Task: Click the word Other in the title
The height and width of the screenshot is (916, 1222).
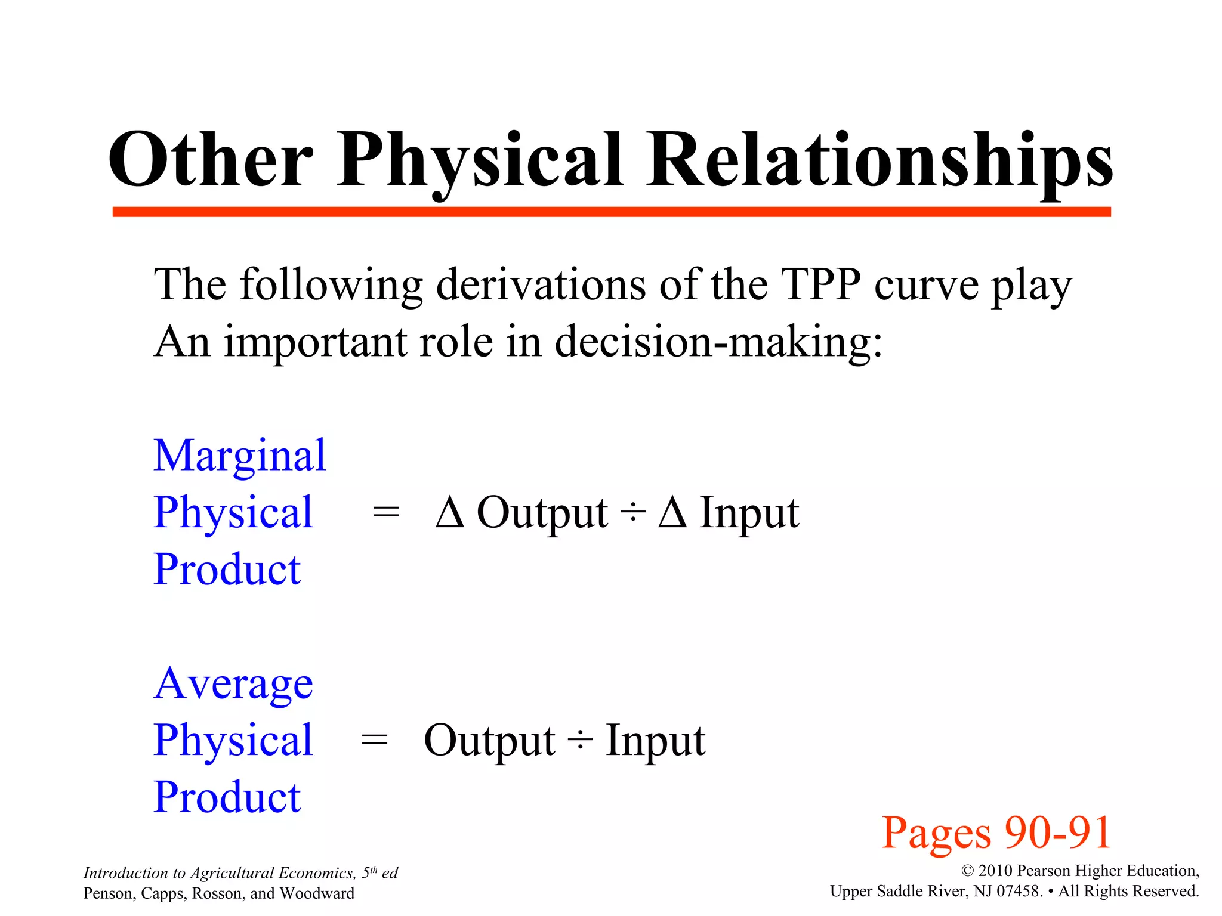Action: [210, 160]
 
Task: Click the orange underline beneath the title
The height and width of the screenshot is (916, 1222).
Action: [611, 212]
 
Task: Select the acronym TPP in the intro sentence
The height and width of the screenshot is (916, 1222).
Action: [820, 284]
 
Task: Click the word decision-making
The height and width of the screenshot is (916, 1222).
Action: [718, 342]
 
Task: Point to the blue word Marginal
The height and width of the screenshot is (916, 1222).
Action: [240, 456]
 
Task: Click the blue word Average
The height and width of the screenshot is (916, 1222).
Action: [233, 683]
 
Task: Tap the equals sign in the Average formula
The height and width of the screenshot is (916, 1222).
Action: [375, 741]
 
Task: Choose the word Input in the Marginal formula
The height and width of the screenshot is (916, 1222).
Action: [749, 513]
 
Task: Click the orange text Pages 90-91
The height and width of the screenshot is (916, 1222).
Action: [996, 833]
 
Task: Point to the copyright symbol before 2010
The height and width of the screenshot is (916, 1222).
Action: [968, 871]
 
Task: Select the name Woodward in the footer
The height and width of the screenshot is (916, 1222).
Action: [317, 893]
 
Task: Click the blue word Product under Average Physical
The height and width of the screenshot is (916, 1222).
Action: [227, 797]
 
